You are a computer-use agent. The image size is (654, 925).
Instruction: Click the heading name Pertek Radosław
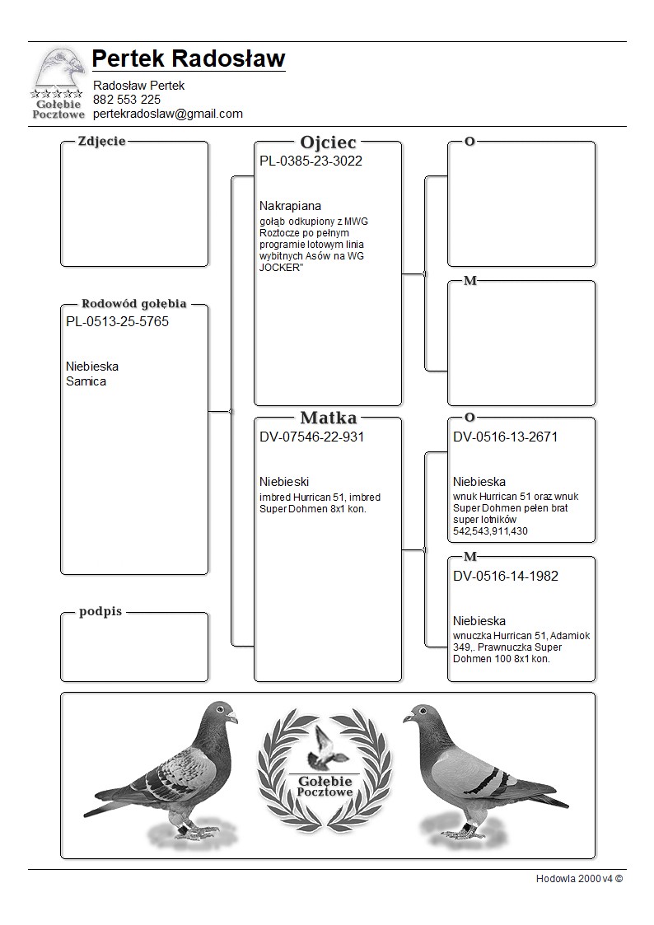[189, 59]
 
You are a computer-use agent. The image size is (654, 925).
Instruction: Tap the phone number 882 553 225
[127, 100]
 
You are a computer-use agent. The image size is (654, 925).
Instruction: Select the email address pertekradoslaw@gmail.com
[168, 114]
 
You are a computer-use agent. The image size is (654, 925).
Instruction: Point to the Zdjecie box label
[101, 141]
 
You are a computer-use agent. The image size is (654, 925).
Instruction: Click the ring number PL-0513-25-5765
[117, 322]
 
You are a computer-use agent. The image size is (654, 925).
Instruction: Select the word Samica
[86, 381]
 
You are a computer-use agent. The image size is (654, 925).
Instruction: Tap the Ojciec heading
[328, 142]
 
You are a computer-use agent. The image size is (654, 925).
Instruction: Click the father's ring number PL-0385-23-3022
[311, 161]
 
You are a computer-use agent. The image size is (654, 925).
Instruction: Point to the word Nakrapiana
[290, 206]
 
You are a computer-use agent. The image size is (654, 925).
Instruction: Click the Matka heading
[328, 418]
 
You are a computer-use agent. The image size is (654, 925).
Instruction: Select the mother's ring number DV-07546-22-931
[311, 437]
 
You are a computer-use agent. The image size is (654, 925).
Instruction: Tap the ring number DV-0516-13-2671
[505, 437]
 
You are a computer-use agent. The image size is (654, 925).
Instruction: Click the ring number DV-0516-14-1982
[505, 577]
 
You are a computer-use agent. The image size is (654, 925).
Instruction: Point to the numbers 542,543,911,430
[490, 531]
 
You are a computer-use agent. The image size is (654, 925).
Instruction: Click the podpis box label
[100, 612]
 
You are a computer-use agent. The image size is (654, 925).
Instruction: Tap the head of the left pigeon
[221, 713]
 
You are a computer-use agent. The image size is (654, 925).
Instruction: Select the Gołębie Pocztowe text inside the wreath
[326, 786]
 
